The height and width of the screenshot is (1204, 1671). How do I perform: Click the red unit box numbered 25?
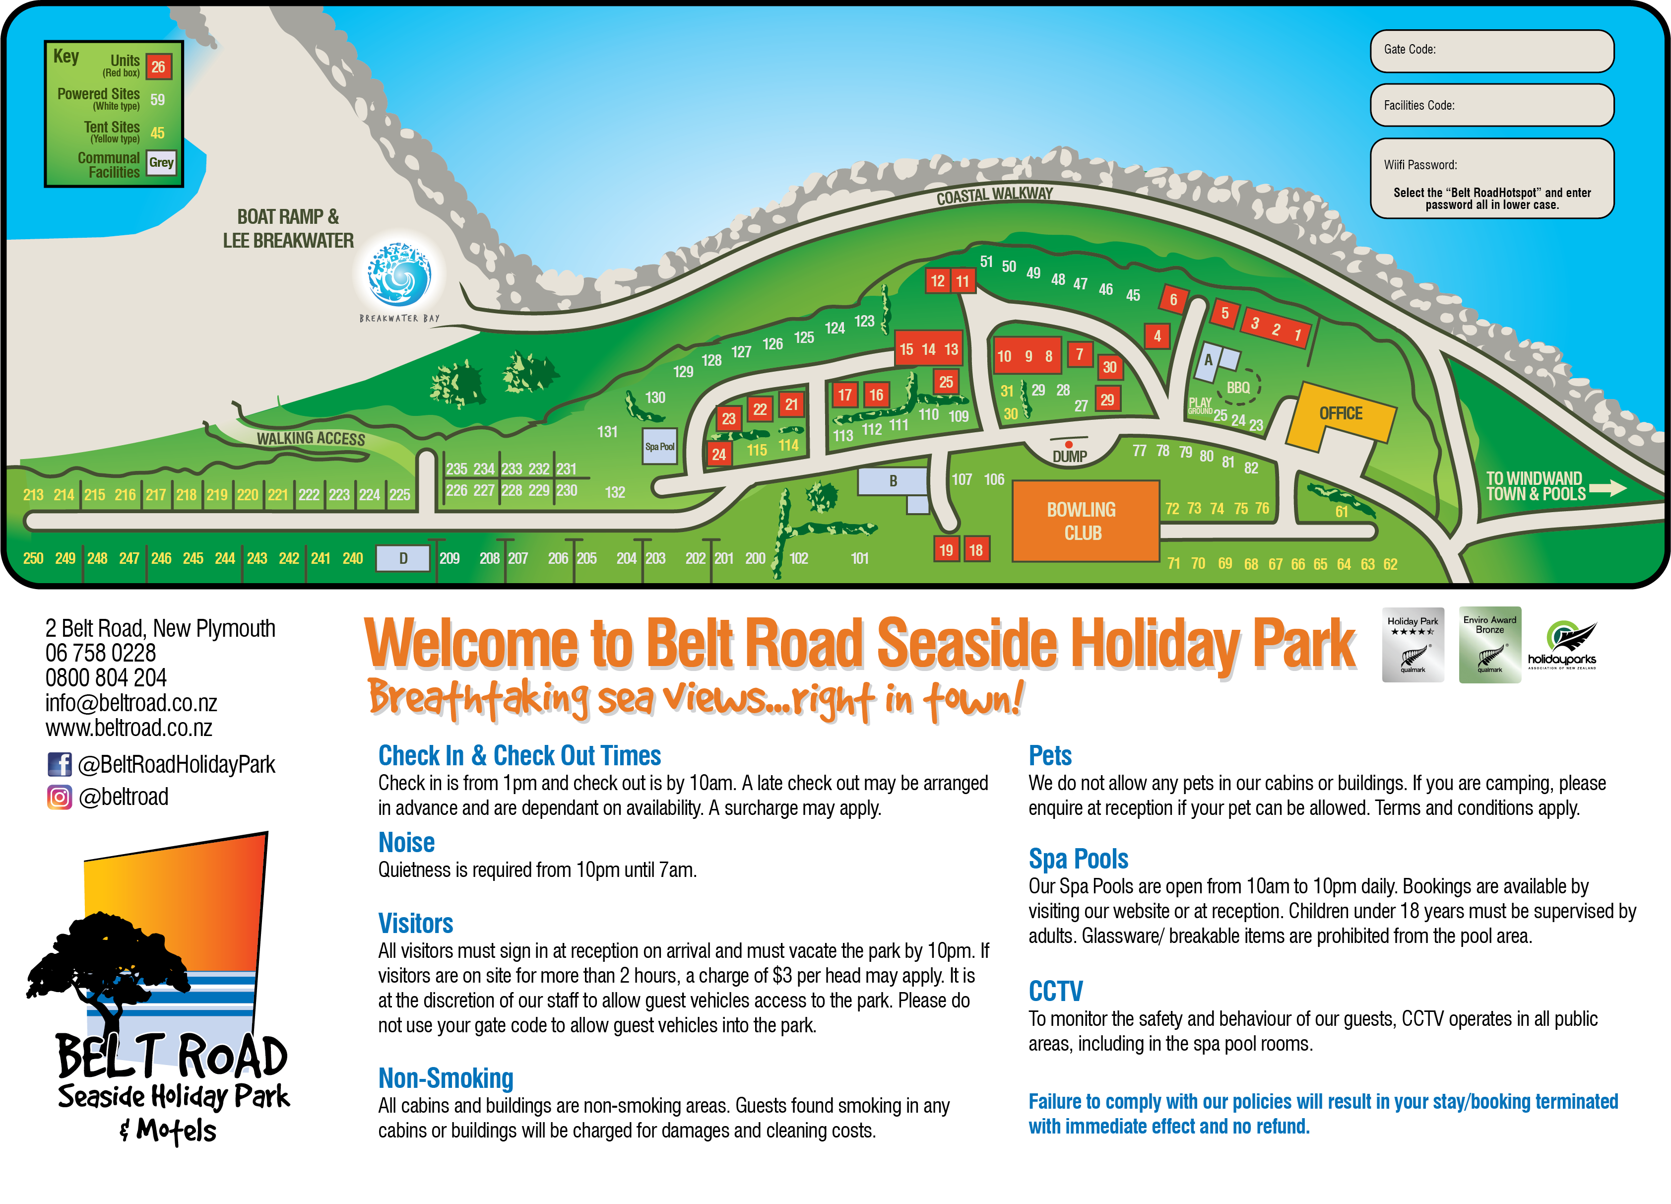(x=946, y=382)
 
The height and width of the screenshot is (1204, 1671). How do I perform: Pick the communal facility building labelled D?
(x=403, y=558)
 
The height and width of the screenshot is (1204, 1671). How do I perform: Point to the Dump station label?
(x=1069, y=456)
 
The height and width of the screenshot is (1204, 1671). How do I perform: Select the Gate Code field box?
(x=1491, y=51)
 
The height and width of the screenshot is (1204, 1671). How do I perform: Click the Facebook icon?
(x=60, y=764)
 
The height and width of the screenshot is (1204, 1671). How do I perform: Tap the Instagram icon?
(x=60, y=797)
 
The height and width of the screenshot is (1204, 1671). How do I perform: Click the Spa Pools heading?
(x=1078, y=859)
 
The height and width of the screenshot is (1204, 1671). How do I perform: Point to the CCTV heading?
(x=1055, y=991)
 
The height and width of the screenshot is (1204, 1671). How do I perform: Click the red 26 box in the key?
(x=158, y=67)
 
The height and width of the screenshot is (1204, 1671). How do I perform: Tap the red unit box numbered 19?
(x=946, y=550)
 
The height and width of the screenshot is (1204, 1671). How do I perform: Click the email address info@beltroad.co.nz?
(x=131, y=703)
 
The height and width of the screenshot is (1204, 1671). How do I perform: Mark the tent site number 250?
(x=33, y=558)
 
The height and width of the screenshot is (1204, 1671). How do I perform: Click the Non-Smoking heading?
(x=445, y=1078)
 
